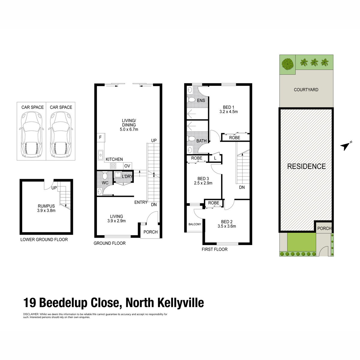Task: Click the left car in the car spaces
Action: point(31,134)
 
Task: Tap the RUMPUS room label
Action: point(46,206)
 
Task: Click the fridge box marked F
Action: point(101,137)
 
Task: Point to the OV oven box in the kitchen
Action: point(127,166)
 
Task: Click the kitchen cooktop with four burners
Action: point(113,166)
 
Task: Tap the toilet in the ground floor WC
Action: point(104,176)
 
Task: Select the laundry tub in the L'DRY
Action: point(118,175)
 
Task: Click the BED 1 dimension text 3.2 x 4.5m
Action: point(229,112)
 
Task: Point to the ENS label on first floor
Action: point(201,100)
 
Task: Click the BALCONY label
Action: point(195,224)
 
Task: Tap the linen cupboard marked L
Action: point(215,158)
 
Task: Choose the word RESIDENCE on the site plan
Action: point(306,166)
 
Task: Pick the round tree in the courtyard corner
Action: point(288,64)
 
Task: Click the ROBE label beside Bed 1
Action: point(235,138)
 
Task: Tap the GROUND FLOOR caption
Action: point(109,243)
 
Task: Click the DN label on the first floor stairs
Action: point(242,187)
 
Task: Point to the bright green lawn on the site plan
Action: point(301,242)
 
